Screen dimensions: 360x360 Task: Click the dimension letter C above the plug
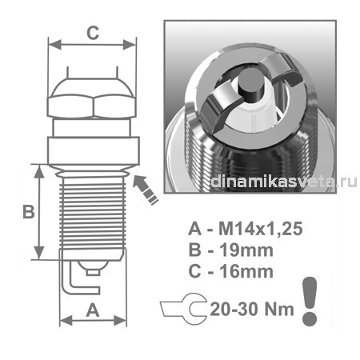tap(93, 33)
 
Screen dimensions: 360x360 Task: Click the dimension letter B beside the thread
tap(29, 211)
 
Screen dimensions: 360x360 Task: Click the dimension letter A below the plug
tap(93, 310)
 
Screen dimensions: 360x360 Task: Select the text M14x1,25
tap(261, 229)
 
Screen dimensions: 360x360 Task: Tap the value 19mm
tap(246, 250)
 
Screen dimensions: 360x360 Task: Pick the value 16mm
tap(246, 271)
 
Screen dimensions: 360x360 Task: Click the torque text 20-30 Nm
tap(252, 310)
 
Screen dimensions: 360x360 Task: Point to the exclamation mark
tap(310, 301)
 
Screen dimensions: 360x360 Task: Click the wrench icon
tap(184, 309)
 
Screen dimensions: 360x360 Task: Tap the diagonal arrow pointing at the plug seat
tap(146, 189)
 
